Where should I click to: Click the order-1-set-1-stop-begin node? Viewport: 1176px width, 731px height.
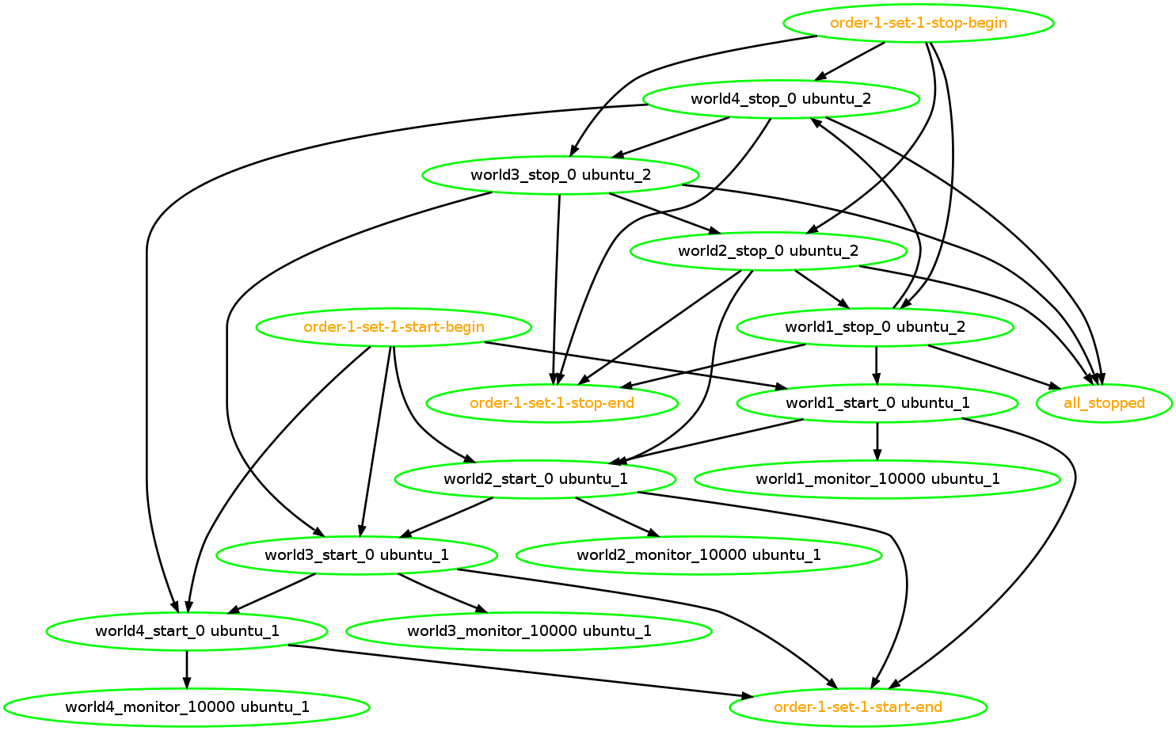click(x=918, y=23)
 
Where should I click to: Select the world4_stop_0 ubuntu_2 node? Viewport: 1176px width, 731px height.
click(x=781, y=99)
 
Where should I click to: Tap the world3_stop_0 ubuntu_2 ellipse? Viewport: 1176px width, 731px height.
click(x=561, y=175)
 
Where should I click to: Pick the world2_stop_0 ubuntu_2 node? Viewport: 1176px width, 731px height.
click(x=768, y=251)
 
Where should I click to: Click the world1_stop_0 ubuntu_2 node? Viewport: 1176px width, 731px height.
click(x=875, y=327)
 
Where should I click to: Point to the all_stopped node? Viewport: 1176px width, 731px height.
click(x=1104, y=403)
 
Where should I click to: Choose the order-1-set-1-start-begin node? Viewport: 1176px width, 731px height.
click(x=394, y=327)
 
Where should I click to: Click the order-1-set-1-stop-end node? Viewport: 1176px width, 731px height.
click(x=552, y=403)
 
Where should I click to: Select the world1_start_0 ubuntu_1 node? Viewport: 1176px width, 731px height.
click(x=877, y=403)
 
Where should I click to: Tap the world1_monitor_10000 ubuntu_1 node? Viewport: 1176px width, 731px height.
click(x=877, y=479)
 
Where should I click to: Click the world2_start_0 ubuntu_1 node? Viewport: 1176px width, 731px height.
click(x=535, y=479)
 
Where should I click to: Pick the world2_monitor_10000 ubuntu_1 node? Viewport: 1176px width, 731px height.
click(x=698, y=555)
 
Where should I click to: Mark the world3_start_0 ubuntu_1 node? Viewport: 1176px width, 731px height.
click(x=356, y=555)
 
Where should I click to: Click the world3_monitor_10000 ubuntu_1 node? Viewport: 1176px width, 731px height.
click(x=529, y=631)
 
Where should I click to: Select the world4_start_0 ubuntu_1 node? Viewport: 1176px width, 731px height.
click(x=187, y=631)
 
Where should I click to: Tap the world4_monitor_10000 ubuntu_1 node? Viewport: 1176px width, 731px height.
click(x=187, y=707)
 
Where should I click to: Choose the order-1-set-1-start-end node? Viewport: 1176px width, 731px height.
click(x=858, y=707)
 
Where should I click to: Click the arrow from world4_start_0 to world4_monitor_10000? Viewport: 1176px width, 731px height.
click(x=187, y=669)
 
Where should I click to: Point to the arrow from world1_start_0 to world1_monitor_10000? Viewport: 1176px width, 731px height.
click(x=877, y=441)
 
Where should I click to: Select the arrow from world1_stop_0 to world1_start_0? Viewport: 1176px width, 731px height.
click(x=876, y=365)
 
